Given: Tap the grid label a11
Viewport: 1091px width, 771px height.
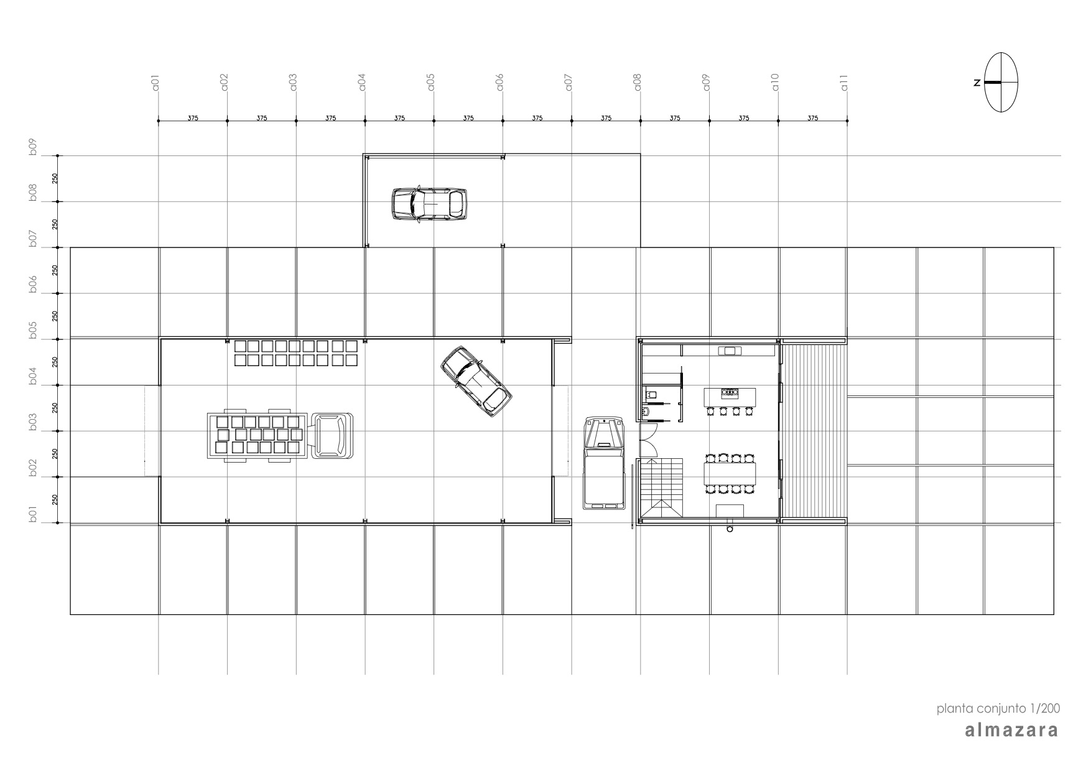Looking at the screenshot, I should point(845,83).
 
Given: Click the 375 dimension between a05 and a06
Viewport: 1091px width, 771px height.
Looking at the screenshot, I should point(468,118).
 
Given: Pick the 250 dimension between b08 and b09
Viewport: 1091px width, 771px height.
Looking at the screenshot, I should point(55,178).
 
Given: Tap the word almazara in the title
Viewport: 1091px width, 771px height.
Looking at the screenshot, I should point(1011,730).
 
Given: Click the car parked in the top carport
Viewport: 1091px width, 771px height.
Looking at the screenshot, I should point(429,203).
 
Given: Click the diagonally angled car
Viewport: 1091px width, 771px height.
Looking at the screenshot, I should point(476,381).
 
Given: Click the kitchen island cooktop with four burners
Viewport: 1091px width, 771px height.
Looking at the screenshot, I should point(729,392).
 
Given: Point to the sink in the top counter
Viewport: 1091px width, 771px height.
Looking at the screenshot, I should point(730,351).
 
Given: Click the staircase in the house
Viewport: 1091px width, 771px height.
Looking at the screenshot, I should point(661,487).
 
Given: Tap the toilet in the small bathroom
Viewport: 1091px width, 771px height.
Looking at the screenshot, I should point(650,393).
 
